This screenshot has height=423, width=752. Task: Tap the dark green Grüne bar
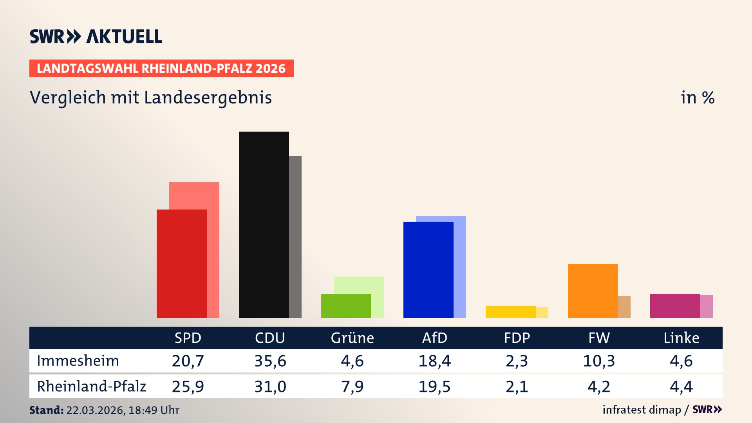point(346,306)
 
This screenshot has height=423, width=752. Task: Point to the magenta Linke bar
point(675,306)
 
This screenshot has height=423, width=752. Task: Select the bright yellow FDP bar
point(510,312)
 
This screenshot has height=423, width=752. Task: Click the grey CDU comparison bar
point(295,237)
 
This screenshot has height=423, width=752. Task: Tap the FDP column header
point(517,338)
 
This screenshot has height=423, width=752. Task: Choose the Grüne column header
point(352,338)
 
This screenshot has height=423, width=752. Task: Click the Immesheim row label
point(78,361)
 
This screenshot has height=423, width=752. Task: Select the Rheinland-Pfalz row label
point(91,387)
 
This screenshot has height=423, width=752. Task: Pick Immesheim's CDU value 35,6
point(270,361)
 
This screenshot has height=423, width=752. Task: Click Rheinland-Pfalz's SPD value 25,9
point(188,387)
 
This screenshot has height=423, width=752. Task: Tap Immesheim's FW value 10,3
point(599,361)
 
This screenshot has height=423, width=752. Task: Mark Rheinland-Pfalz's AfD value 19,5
point(434,387)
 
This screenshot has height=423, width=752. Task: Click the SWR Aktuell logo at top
point(96,36)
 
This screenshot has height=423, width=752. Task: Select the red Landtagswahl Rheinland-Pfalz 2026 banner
point(161,69)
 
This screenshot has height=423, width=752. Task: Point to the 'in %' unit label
point(697,98)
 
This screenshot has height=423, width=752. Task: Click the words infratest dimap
point(642,410)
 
